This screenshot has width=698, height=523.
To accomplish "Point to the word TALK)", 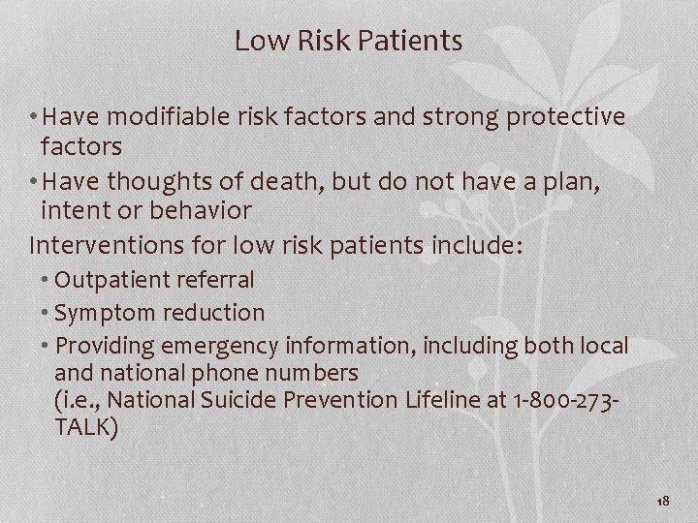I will (86, 427).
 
